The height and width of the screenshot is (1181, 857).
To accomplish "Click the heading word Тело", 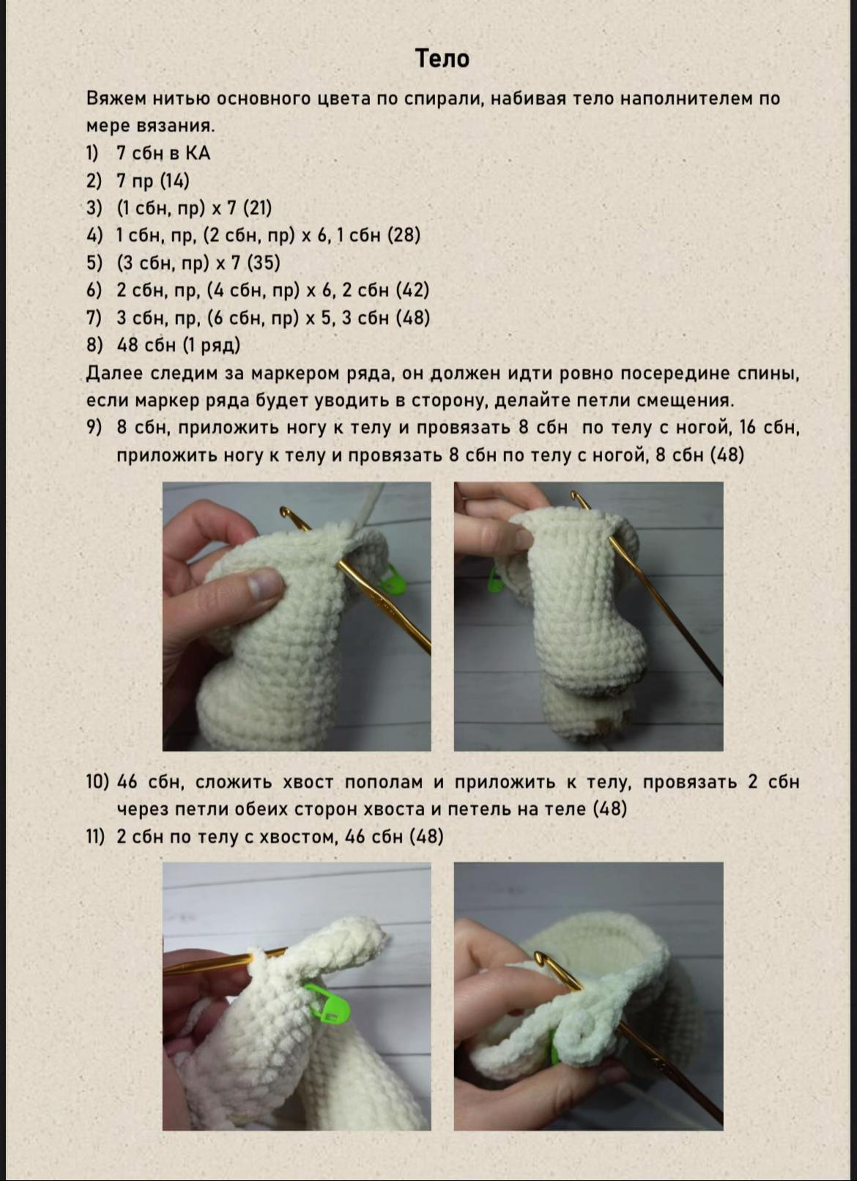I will coord(442,58).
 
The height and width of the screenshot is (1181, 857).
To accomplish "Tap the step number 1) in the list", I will coord(92,153).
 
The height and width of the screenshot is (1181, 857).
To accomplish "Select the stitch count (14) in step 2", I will coord(174,181).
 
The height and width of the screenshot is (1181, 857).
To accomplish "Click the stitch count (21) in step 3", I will coord(257,208).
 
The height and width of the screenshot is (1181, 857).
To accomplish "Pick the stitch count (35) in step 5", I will coord(264,263).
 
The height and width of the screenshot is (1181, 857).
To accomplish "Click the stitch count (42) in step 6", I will coord(412,290).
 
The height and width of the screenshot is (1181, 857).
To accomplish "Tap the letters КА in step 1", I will coord(197,153).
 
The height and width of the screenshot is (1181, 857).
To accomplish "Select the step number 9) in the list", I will coord(94,428).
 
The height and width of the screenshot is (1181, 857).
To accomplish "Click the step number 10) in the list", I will coord(97,782).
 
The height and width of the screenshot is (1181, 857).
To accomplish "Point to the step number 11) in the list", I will coord(95,837).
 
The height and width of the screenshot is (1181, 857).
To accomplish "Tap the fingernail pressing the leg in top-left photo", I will coord(264,585).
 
